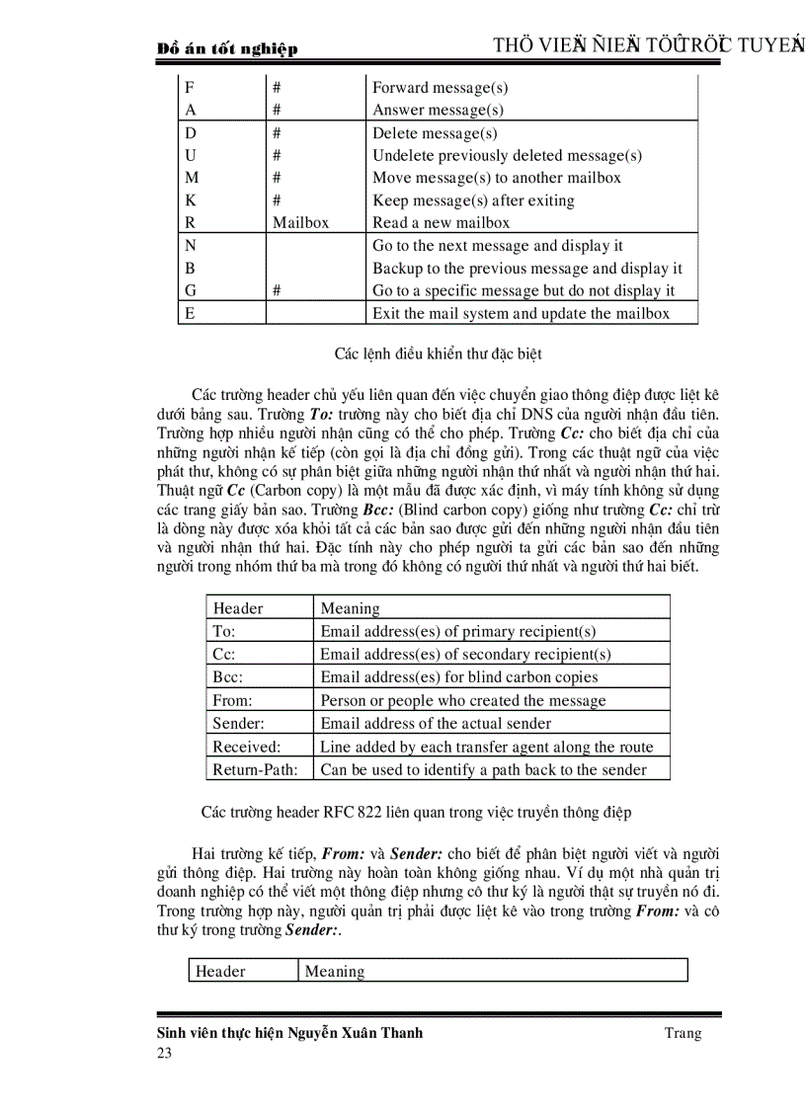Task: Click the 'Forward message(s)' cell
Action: click(440, 88)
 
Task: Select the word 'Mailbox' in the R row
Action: click(300, 223)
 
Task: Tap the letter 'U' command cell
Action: click(191, 155)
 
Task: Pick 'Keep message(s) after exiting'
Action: click(473, 200)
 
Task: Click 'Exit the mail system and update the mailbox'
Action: click(521, 314)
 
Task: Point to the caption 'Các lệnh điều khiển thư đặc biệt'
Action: click(438, 353)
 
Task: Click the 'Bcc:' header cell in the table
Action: click(227, 677)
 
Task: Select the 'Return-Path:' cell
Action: click(254, 770)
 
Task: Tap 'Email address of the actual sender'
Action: click(436, 724)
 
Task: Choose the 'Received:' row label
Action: click(247, 748)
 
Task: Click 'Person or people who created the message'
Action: click(463, 701)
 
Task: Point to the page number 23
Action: click(164, 1054)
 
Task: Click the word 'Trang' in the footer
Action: click(683, 1033)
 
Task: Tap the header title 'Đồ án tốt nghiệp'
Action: click(227, 48)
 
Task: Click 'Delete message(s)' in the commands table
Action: click(435, 132)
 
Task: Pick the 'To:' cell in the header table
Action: click(224, 631)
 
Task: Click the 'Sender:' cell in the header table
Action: click(236, 724)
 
